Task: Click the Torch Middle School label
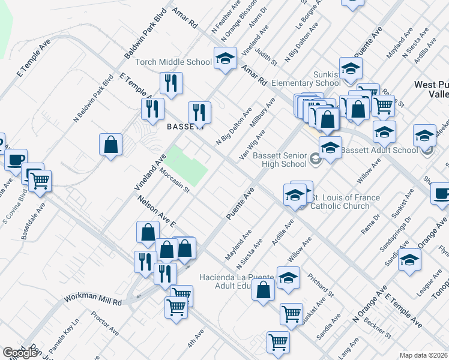click(173, 62)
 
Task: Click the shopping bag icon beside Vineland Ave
click(111, 145)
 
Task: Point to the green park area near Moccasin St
click(186, 165)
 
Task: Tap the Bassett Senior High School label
click(280, 160)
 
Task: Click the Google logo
click(20, 353)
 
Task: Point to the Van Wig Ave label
click(252, 143)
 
